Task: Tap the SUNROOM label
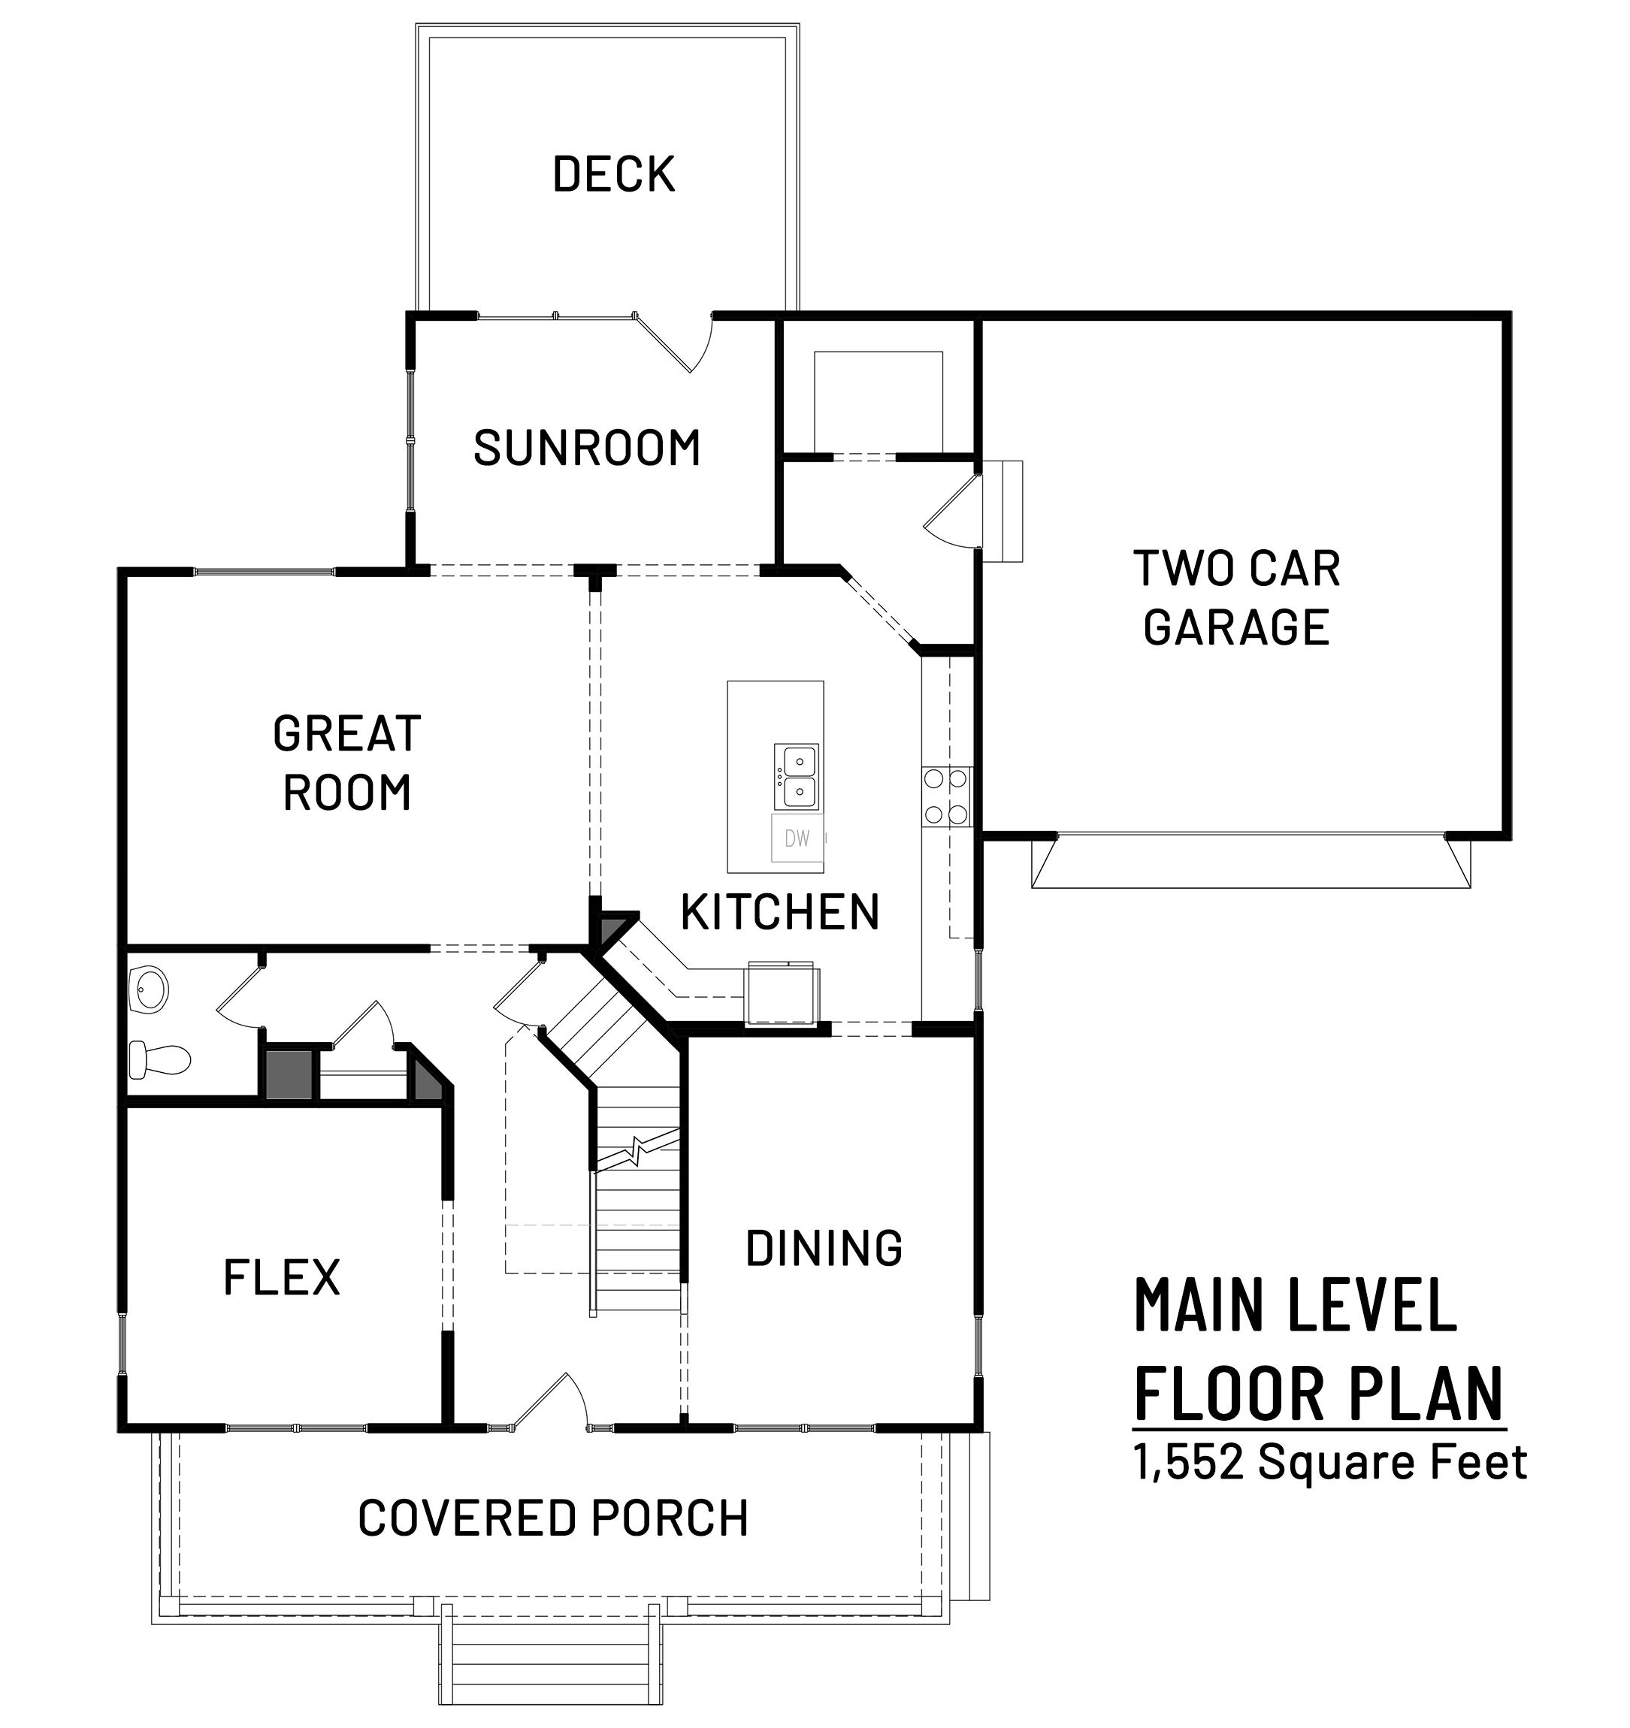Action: (x=587, y=448)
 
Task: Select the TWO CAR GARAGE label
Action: (x=1237, y=597)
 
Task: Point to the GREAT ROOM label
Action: (x=347, y=763)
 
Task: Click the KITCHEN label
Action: (x=780, y=912)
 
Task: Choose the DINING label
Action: (x=824, y=1247)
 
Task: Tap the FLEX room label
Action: (x=282, y=1277)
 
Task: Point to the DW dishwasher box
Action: (x=797, y=838)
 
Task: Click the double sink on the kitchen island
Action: (x=797, y=776)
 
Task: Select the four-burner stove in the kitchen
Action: (x=947, y=796)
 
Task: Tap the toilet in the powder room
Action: (x=159, y=1059)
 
